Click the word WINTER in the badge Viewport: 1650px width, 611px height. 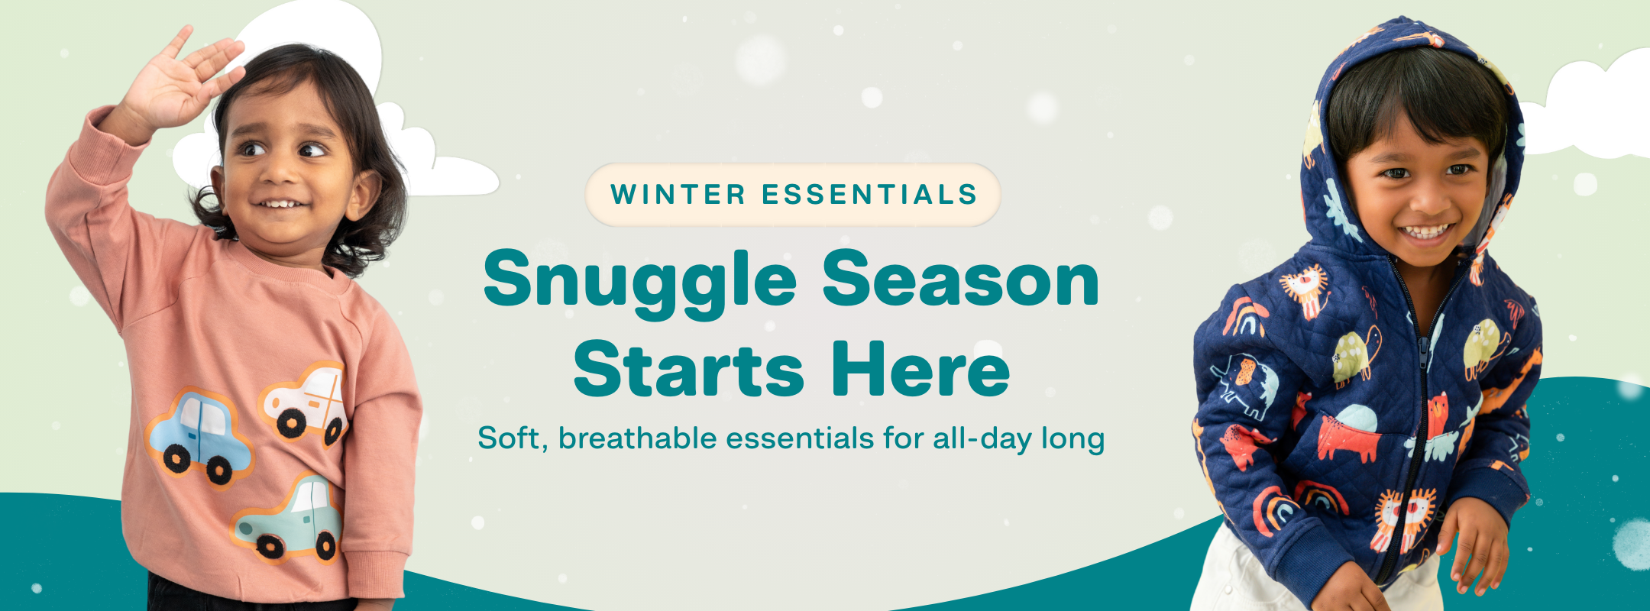tap(678, 195)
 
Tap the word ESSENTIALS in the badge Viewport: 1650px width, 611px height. tap(870, 195)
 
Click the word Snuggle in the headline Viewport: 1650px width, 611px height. tap(640, 281)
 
